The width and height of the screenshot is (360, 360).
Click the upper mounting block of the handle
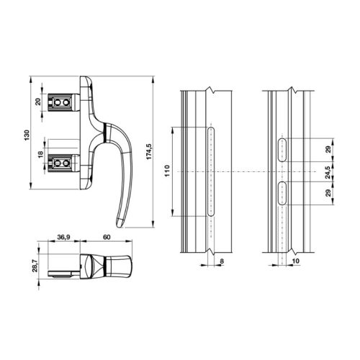tap(62, 104)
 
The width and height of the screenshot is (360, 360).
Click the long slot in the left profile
tap(210, 171)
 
